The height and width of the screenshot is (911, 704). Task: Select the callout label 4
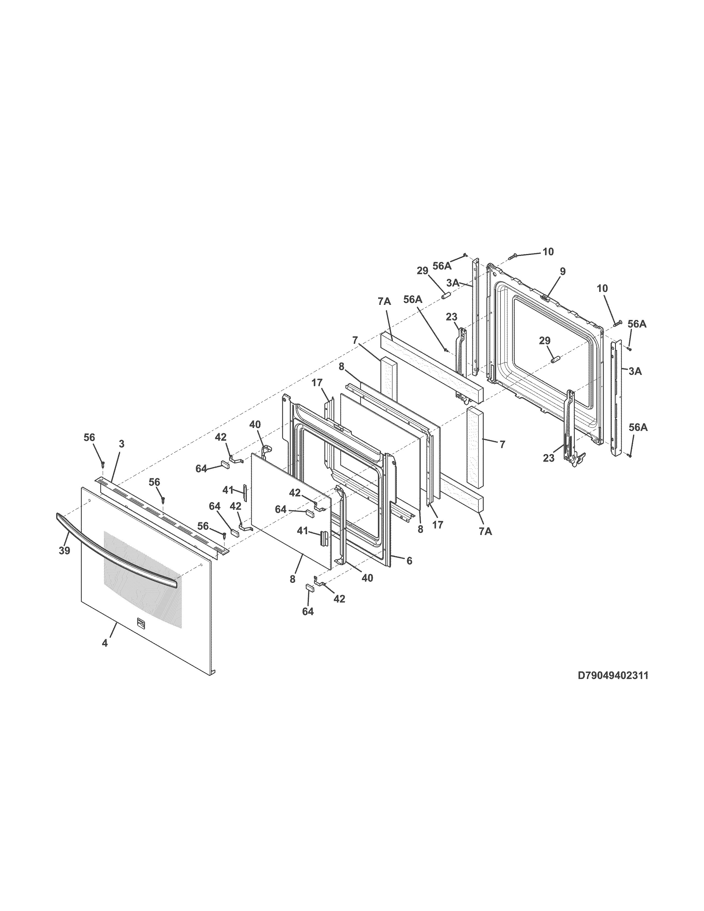coord(105,643)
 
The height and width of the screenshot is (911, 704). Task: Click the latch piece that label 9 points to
coord(545,297)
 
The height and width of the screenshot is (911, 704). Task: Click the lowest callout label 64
coord(308,611)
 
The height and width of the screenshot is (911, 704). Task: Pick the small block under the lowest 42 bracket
coord(310,587)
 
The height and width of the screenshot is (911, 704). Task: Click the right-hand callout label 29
coord(545,341)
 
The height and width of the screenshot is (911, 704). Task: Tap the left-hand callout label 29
coord(422,271)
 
